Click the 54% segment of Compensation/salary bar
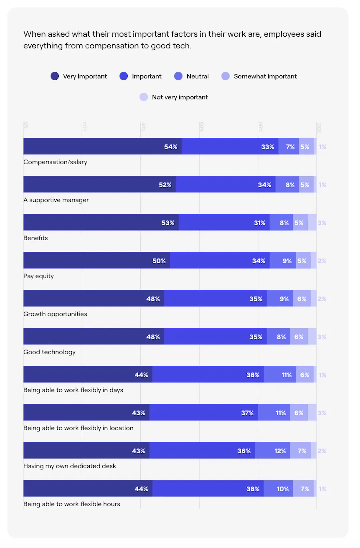102,146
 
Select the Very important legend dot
55,76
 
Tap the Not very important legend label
180,97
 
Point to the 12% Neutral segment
272,451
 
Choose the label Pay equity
38,276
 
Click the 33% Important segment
230,146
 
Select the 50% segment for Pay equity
97,260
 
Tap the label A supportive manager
56,200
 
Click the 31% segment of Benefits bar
224,222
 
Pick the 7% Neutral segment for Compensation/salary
289,146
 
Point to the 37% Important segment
204,412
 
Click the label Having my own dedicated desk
70,466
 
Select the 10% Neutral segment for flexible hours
278,488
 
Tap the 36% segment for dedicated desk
202,451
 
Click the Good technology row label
49,352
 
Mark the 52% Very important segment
99,184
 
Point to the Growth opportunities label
55,314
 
